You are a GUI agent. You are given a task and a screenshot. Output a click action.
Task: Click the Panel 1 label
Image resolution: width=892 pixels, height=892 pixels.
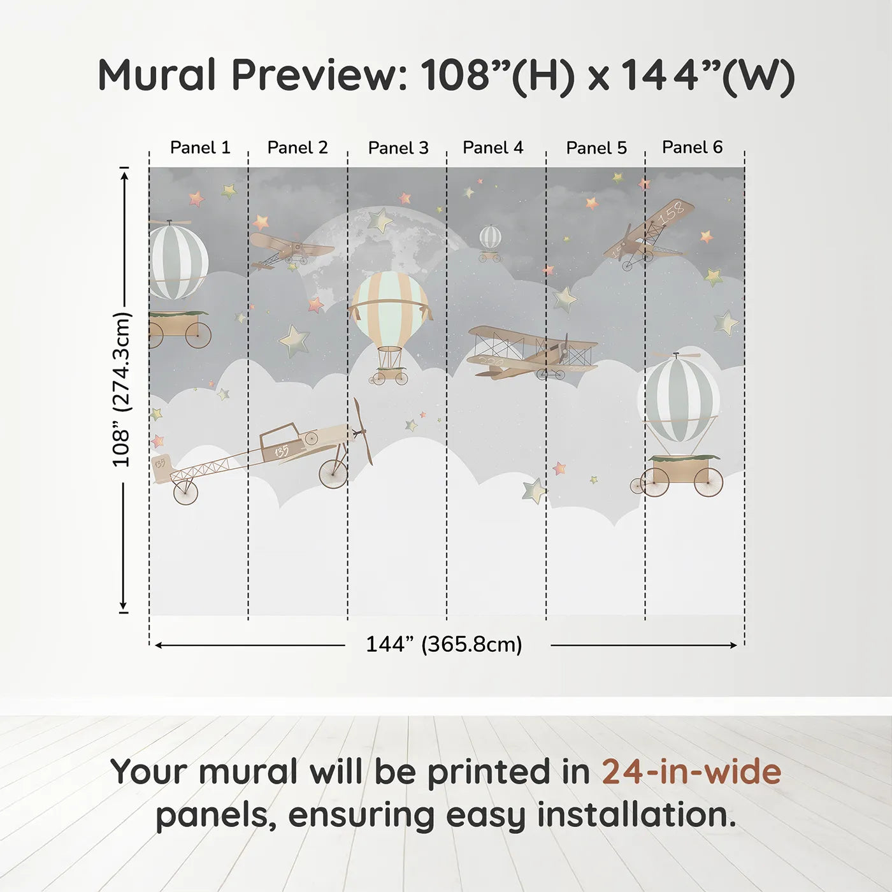199,148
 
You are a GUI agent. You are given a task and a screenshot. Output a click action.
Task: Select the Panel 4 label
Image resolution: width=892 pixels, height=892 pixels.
493,148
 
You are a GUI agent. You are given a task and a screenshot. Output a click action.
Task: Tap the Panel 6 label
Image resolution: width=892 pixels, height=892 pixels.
692,147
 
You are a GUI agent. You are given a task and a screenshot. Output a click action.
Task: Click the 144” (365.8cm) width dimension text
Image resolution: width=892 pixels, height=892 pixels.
443,645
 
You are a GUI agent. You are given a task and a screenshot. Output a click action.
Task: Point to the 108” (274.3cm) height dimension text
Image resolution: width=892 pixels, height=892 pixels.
121,390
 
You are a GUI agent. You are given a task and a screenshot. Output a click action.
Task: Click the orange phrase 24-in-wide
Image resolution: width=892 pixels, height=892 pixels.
691,772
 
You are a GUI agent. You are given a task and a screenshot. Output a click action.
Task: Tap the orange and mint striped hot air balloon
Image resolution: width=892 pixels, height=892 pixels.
390,306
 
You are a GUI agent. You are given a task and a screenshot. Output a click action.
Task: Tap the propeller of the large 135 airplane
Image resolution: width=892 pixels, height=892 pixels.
363,432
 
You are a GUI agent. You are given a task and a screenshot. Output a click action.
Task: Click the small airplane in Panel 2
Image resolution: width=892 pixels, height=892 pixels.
290,250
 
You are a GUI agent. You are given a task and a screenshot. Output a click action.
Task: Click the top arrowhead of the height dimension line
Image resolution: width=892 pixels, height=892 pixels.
124,173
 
